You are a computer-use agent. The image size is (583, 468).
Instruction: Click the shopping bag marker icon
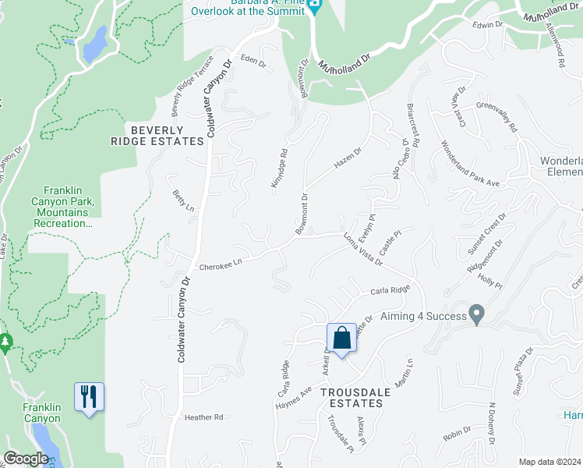tap(341, 338)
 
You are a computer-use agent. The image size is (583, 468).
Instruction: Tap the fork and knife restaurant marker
tap(89, 396)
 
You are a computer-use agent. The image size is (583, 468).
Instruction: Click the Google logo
tap(26, 459)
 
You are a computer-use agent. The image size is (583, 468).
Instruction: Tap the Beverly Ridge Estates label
tap(157, 136)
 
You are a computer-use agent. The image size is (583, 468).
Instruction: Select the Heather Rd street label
tap(204, 417)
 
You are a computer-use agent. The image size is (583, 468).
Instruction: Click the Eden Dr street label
tap(253, 60)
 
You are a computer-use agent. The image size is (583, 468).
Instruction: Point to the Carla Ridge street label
tap(390, 290)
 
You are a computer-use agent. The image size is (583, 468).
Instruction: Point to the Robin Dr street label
tap(457, 434)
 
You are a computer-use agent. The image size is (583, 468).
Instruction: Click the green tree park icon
tap(5, 342)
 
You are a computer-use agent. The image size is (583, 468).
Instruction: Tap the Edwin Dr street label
tap(489, 26)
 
